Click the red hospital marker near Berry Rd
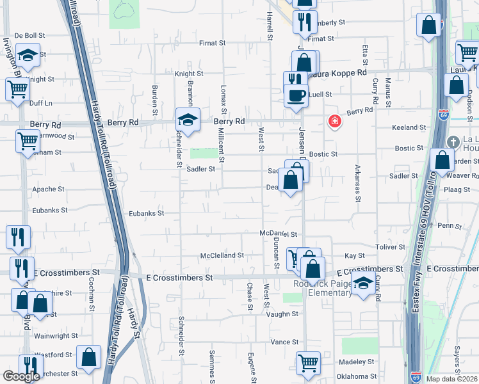click(334, 121)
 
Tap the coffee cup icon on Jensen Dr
click(296, 96)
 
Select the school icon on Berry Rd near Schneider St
click(188, 119)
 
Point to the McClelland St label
click(222, 255)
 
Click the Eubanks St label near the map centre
click(147, 213)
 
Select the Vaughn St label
click(283, 315)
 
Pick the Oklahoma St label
click(357, 376)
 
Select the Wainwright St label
click(56, 335)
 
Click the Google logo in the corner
click(21, 376)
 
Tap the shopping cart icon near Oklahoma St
click(308, 363)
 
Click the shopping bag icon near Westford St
click(88, 356)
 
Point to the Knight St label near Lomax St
click(189, 74)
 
